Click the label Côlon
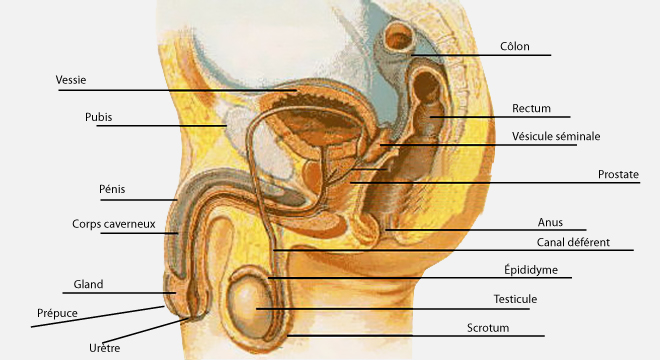514,46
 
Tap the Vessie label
71,80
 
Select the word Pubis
98,117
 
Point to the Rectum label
531,108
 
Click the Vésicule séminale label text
556,136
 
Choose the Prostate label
618,174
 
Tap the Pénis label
112,189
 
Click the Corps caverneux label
114,224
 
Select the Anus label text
550,222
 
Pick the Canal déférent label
573,242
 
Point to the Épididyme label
531,269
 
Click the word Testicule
515,299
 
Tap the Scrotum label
488,328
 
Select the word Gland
88,284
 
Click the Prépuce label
57,313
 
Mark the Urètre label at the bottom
104,348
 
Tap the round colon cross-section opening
400,38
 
